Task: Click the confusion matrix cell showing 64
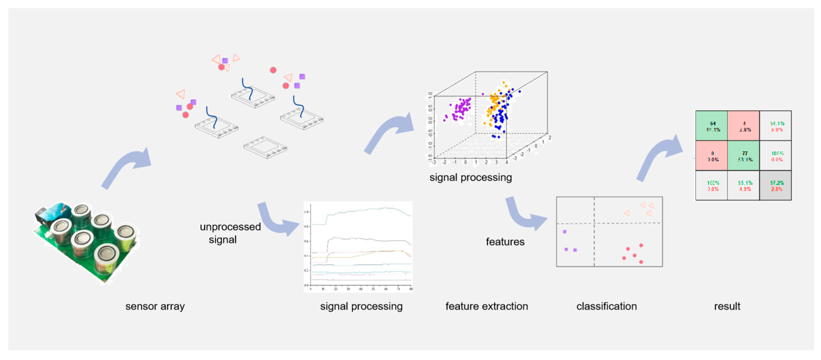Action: click(711, 126)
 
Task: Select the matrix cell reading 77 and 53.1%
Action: click(744, 156)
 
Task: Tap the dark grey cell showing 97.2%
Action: click(776, 185)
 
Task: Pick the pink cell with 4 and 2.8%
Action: click(744, 126)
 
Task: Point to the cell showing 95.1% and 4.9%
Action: click(744, 185)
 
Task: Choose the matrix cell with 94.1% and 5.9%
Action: click(776, 126)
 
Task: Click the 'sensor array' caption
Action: click(155, 306)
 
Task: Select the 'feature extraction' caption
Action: click(486, 306)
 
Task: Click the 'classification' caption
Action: click(606, 306)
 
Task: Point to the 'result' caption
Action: click(727, 306)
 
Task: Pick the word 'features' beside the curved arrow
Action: click(505, 242)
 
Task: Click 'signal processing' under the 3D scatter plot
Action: click(470, 177)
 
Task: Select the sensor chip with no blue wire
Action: click(265, 148)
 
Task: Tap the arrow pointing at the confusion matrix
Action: click(660, 156)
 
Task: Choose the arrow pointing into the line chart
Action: click(277, 220)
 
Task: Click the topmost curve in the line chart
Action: click(367, 210)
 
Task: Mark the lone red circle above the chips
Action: click(273, 70)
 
